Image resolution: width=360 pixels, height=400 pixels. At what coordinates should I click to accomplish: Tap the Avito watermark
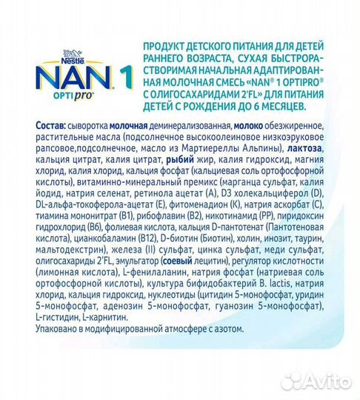[x=319, y=381]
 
